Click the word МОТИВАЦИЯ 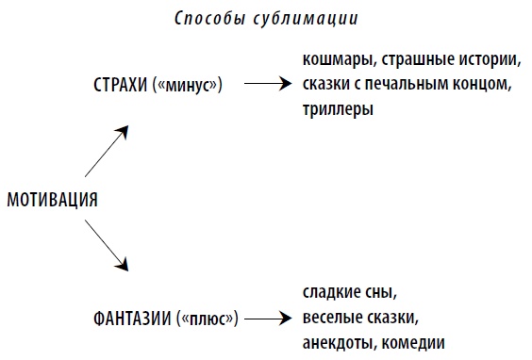tap(53, 200)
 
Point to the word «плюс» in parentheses tap(207, 315)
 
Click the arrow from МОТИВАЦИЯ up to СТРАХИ tap(105, 152)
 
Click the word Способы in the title tap(207, 19)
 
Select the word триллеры tap(338, 109)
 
